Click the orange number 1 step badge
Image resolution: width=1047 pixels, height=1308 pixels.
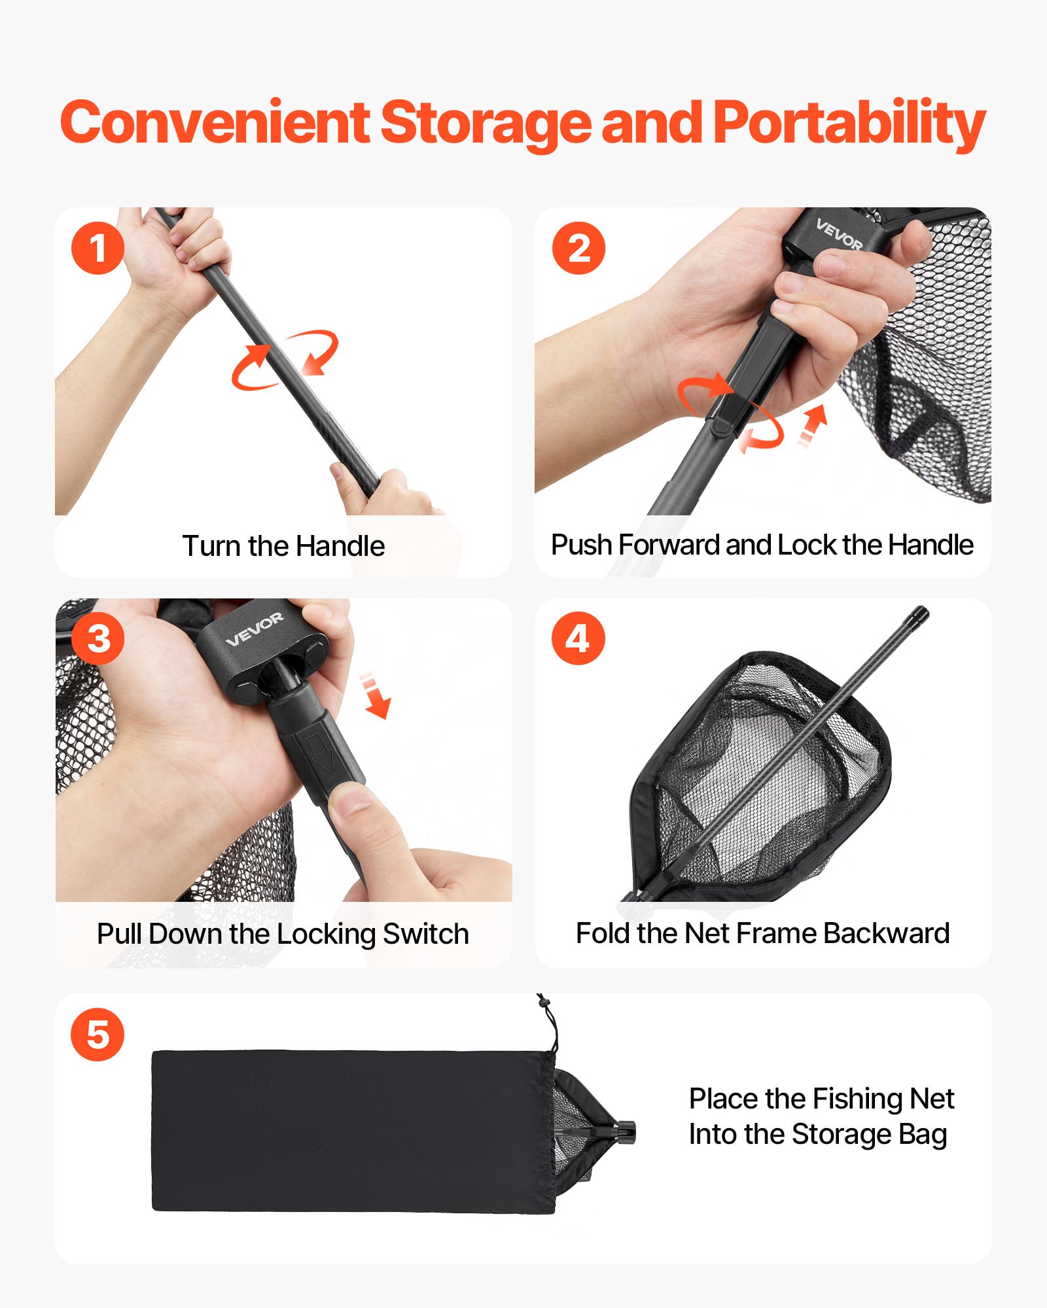click(x=98, y=248)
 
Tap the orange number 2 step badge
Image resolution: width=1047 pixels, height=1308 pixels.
click(x=578, y=248)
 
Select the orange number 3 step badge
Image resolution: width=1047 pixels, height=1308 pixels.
click(x=98, y=639)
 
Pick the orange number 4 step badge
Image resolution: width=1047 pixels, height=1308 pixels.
click(x=578, y=639)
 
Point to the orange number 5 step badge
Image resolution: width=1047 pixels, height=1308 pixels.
click(x=98, y=1035)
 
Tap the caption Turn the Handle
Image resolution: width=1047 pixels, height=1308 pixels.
click(x=283, y=546)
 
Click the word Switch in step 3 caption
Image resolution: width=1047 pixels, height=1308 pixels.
click(x=426, y=934)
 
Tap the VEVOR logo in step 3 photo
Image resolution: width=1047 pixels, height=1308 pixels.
click(x=255, y=629)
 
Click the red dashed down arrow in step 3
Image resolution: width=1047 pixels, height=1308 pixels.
click(x=376, y=695)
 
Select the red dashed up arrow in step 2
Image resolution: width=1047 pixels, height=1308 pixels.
click(x=812, y=426)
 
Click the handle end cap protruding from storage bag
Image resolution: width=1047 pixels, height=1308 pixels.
click(x=625, y=1132)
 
